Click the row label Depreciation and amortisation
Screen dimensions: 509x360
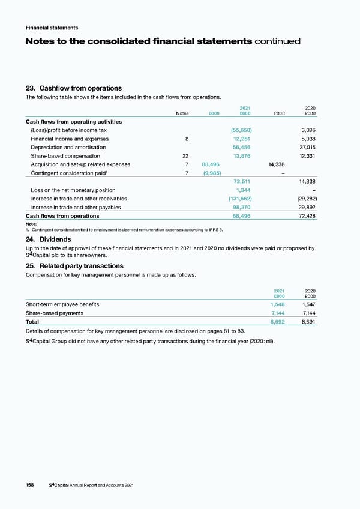(68, 147)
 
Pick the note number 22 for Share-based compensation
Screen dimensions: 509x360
(185, 155)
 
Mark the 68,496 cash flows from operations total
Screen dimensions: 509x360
(242, 216)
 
